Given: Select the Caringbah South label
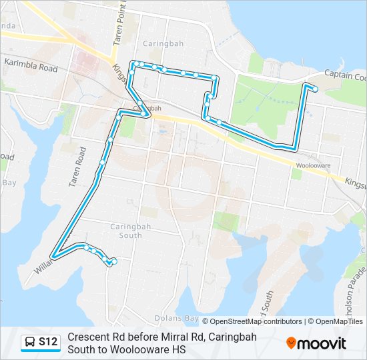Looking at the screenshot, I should pyautogui.click(x=121, y=230).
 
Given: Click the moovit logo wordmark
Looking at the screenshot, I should pyautogui.click(x=322, y=344).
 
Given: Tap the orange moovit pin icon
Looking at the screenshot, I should pyautogui.click(x=291, y=343).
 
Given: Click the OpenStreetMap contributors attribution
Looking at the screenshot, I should pyautogui.click(x=256, y=321).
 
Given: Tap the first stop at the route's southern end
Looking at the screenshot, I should pyautogui.click(x=114, y=262).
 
